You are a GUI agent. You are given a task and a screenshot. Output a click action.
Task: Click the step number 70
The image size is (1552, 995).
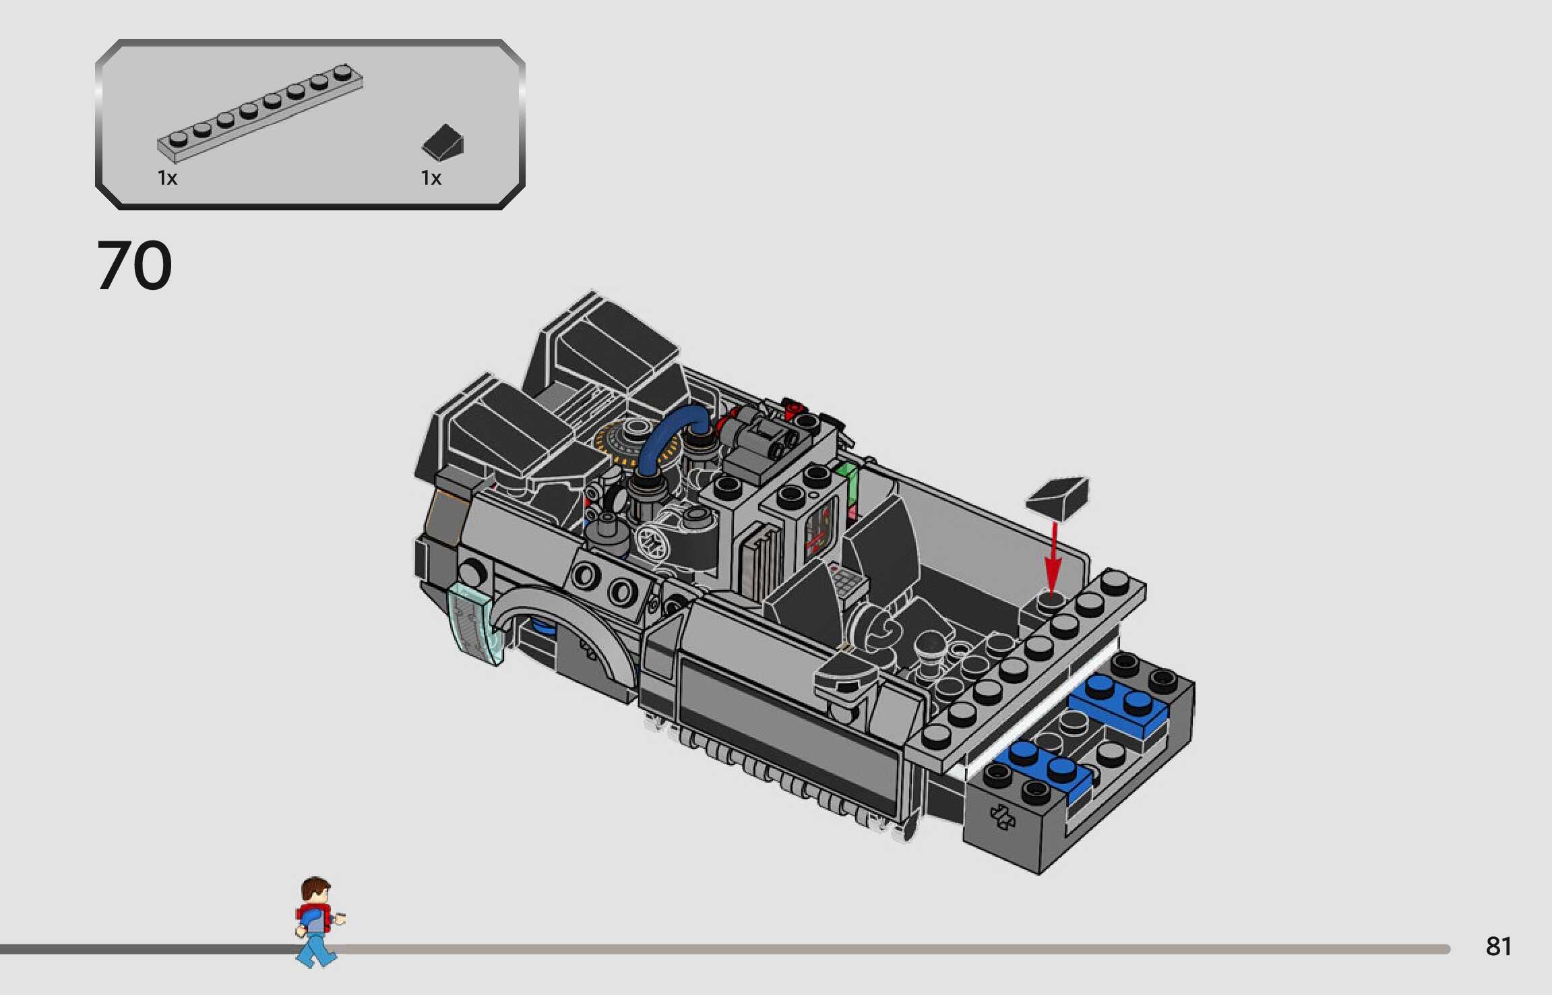pos(134,266)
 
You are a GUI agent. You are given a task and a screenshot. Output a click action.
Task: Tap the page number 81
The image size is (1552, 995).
pos(1498,946)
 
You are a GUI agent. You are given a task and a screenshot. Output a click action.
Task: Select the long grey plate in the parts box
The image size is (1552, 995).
pos(260,113)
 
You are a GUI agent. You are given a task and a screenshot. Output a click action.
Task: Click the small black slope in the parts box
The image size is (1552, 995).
pos(443,142)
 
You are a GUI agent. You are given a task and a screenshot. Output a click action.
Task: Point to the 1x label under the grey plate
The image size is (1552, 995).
pos(167,178)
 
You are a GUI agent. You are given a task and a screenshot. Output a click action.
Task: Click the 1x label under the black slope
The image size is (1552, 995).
pos(431,178)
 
